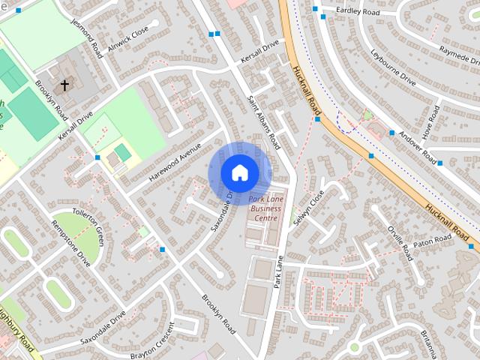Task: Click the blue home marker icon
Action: pyautogui.click(x=238, y=172)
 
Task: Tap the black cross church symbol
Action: pyautogui.click(x=64, y=85)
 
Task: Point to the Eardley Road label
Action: pyautogui.click(x=358, y=10)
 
